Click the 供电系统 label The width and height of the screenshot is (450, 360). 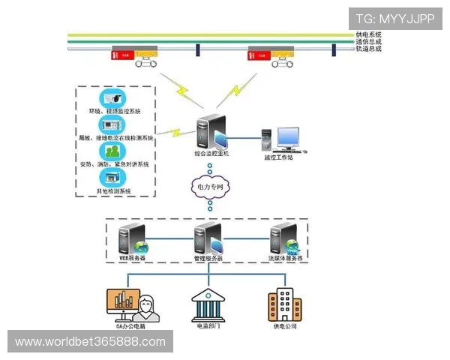(368, 34)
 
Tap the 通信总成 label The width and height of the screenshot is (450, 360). (368, 42)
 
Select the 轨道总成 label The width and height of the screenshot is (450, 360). (368, 49)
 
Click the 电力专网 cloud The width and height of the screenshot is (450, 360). (210, 186)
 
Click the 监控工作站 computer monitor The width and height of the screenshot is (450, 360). (287, 139)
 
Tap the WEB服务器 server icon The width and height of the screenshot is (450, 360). (133, 238)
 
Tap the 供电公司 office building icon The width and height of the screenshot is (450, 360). (284, 304)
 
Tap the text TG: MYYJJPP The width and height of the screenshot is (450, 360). (395, 19)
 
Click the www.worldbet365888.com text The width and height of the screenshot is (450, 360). (90, 342)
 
